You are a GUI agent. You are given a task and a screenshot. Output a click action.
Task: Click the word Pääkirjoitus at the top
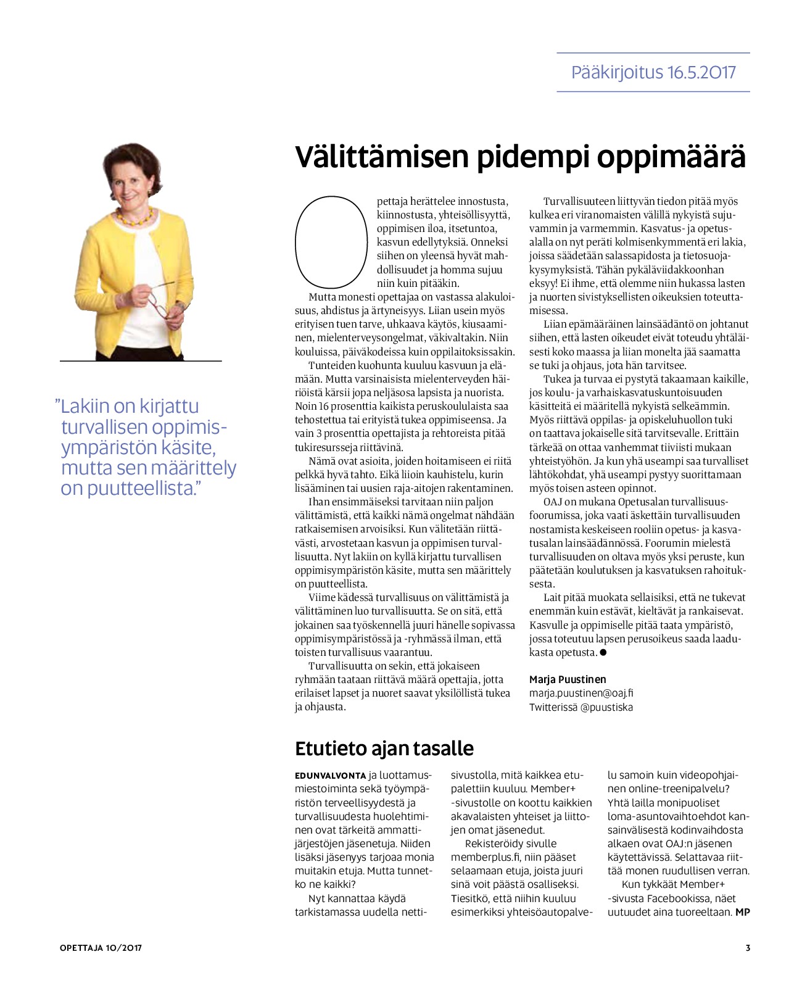(x=616, y=73)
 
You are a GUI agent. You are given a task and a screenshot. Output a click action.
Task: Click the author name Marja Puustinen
(x=568, y=679)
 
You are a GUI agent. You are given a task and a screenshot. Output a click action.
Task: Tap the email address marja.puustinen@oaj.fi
(x=581, y=693)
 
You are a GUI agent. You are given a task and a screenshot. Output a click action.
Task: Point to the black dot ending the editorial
(x=603, y=652)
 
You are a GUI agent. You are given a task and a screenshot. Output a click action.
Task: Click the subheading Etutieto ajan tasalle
(x=384, y=748)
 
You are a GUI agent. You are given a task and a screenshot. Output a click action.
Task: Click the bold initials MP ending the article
(x=743, y=912)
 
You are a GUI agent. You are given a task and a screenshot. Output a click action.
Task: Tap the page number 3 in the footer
(x=748, y=948)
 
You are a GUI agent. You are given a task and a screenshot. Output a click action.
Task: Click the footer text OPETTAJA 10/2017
(x=101, y=948)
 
